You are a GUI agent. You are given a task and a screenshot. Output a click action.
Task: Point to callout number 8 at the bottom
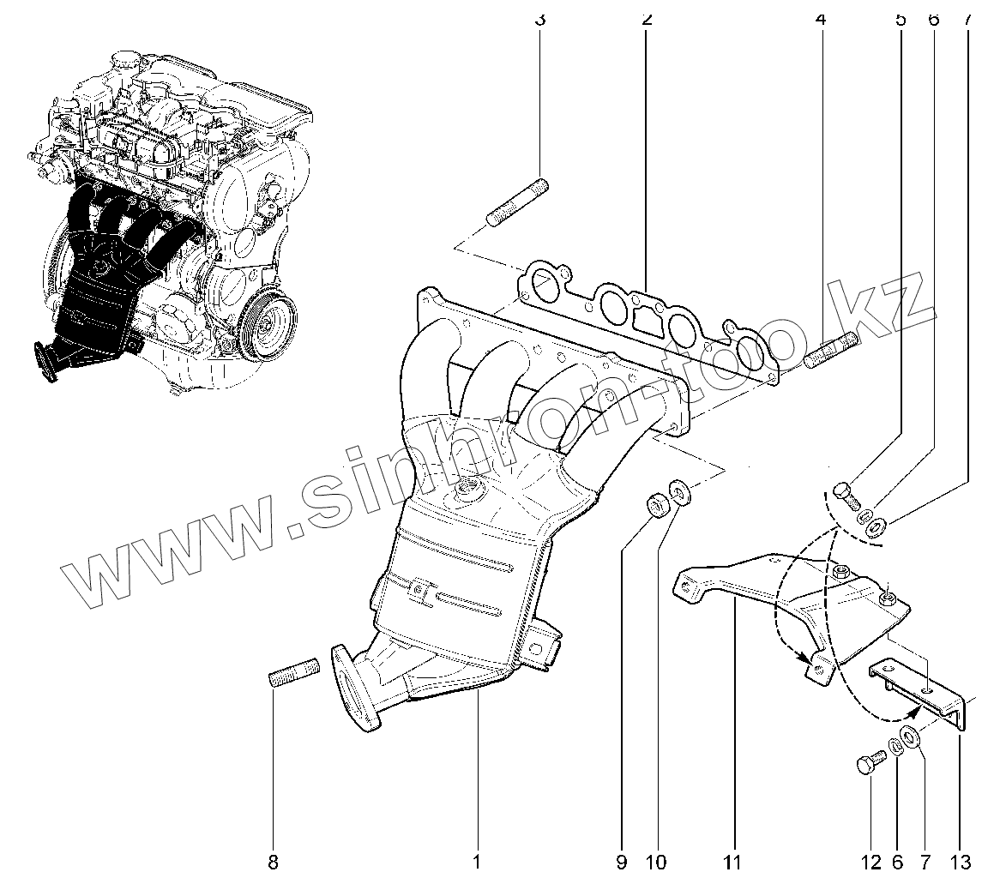point(274,861)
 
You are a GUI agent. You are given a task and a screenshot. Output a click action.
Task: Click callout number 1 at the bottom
point(476,861)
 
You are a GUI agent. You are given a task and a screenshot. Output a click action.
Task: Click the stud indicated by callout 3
point(518,202)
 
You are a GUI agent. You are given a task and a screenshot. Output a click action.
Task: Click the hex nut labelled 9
point(657,504)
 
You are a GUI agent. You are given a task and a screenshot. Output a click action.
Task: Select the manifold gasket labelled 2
point(652,317)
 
